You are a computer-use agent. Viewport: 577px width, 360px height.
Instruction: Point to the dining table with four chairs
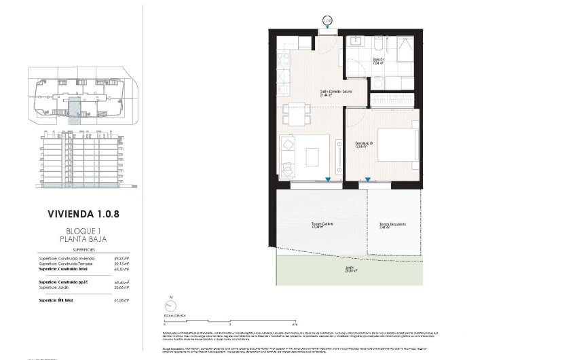[x=297, y=113]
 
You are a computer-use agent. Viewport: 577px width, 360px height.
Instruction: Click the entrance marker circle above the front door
[x=328, y=21]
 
